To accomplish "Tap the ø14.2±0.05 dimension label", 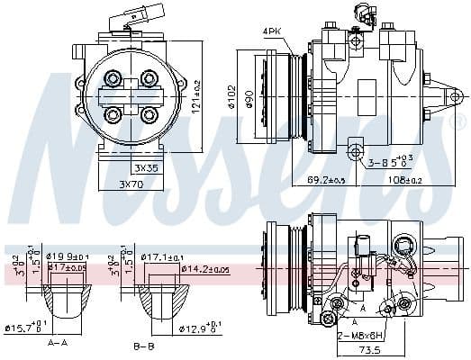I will click(205, 268).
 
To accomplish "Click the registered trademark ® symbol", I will click(452, 118).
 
